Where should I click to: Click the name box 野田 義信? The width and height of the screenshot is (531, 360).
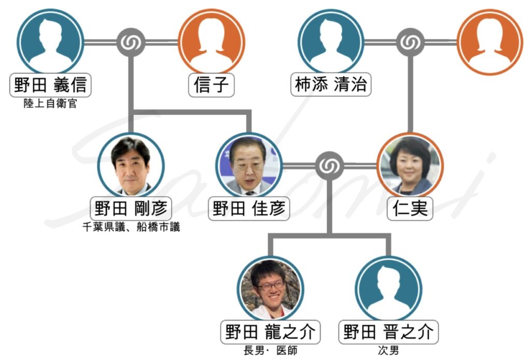coord(50,85)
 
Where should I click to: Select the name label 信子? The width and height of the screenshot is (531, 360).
coord(211,85)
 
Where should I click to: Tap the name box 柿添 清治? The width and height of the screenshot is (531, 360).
coord(331,85)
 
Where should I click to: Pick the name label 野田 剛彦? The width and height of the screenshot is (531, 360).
coord(131,209)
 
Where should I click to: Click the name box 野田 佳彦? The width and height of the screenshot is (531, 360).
coord(250,209)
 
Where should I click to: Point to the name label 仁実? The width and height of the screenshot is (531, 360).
coord(410,209)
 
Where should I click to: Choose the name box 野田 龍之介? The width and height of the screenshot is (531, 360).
coord(271,332)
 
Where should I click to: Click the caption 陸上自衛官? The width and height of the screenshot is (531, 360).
coord(50,104)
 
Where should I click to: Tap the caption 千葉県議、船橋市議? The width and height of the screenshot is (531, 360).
coord(131,227)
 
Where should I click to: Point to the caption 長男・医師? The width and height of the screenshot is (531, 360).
coord(271,351)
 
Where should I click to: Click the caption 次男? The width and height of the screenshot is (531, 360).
coord(388,351)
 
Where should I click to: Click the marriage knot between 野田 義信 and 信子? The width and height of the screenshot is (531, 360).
coord(130,42)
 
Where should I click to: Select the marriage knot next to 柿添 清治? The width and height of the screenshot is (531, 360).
coord(410,42)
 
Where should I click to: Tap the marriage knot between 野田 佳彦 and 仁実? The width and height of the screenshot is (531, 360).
coord(329,166)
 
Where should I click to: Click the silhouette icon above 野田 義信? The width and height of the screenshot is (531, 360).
coord(50,41)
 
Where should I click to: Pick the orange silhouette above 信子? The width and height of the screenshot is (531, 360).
coord(211,41)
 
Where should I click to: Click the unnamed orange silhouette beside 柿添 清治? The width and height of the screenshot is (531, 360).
coord(490,41)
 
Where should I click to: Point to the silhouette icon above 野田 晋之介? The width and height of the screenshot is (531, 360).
coord(388,288)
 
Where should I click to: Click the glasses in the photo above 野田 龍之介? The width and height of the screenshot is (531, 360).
coord(271,285)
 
